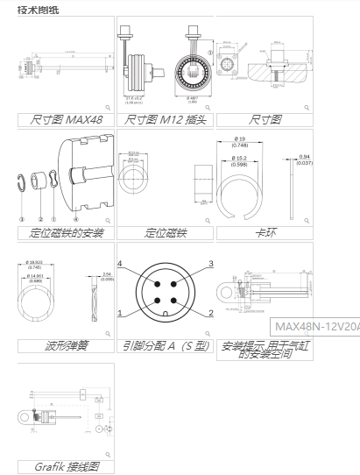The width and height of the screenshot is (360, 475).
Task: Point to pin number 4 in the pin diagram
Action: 121,264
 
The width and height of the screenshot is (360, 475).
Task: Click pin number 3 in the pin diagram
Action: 210,264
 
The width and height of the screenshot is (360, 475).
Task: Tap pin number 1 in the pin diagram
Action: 121,313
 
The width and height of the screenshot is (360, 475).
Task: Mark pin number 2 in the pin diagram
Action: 210,313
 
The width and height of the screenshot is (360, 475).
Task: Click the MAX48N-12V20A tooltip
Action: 315,326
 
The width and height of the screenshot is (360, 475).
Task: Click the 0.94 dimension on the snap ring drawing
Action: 304,159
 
